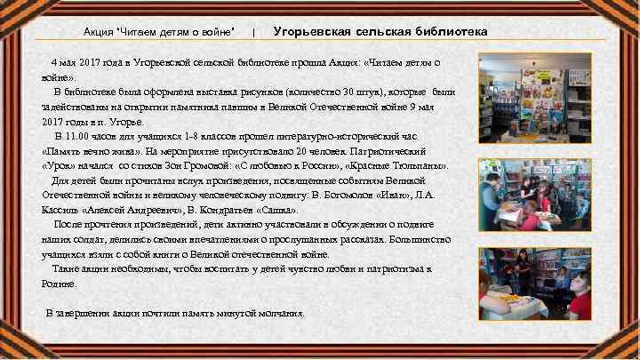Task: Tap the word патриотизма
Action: click(396, 268)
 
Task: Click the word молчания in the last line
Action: click(281, 313)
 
